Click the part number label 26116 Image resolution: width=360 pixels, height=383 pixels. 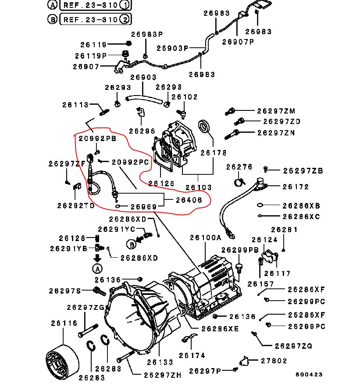tap(64, 323)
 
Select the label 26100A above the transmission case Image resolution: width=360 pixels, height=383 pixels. tap(206, 238)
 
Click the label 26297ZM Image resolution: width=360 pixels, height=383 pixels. tap(276, 111)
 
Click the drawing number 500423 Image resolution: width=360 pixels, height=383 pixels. tap(309, 375)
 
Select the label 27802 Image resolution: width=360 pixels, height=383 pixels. tap(274, 361)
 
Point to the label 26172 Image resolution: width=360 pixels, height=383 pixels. tap(296, 187)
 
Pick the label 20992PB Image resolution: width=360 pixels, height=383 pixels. tap(97, 138)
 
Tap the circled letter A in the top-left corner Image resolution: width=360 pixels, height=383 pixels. tap(52, 6)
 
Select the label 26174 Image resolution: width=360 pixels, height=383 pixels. tap(192, 355)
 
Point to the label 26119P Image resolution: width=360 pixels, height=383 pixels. tap(91, 56)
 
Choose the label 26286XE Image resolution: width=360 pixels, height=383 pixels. tap(220, 329)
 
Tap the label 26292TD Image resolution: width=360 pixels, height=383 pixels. tap(76, 205)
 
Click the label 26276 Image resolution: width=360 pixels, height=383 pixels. tap(239, 167)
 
